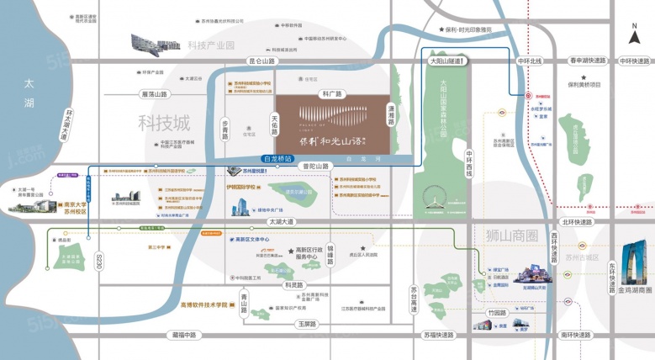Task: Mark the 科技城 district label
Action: coord(159,121)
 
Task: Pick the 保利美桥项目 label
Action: coord(585,84)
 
